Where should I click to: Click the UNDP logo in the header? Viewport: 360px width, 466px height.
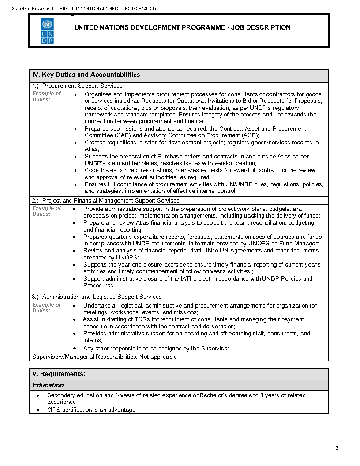[x=47, y=31]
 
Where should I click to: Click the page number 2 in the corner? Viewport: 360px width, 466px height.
[x=337, y=448]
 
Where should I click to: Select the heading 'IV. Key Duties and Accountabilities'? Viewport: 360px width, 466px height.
[x=86, y=75]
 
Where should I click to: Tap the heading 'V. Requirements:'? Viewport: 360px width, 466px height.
[x=59, y=374]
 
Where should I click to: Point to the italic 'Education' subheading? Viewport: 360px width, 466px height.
[x=48, y=385]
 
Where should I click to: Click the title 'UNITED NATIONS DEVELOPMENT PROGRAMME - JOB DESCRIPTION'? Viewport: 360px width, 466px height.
[x=182, y=27]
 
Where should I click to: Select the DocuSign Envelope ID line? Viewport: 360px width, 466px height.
[x=83, y=9]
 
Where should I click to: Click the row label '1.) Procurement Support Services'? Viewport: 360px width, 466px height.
[x=77, y=86]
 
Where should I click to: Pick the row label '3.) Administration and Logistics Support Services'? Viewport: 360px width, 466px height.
[x=97, y=297]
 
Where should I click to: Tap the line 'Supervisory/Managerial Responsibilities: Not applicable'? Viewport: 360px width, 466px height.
[x=105, y=357]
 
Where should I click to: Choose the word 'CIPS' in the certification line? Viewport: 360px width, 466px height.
[x=55, y=410]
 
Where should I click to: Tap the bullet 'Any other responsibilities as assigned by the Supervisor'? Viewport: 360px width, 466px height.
[x=156, y=349]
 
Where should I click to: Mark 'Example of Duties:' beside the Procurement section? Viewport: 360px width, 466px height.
[x=46, y=97]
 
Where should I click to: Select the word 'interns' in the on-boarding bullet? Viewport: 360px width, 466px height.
[x=92, y=340]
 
